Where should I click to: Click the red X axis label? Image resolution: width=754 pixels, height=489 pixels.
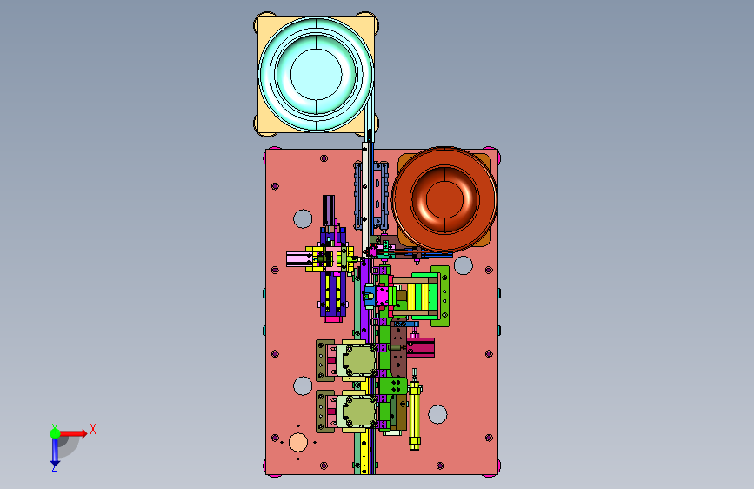click(93, 429)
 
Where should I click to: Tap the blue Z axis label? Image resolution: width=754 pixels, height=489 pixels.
click(55, 467)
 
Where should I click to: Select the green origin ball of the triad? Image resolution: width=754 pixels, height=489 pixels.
click(56, 433)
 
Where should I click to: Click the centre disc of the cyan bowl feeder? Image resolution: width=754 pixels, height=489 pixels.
click(317, 74)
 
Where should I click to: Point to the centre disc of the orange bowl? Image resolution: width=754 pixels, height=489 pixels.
click(444, 198)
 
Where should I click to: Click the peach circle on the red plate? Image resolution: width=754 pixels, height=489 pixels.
click(298, 442)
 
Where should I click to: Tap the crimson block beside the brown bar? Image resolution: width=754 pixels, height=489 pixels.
click(421, 347)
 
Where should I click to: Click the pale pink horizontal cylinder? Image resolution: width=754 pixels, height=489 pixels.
click(299, 259)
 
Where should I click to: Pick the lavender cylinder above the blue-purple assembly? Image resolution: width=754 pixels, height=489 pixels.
click(329, 210)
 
